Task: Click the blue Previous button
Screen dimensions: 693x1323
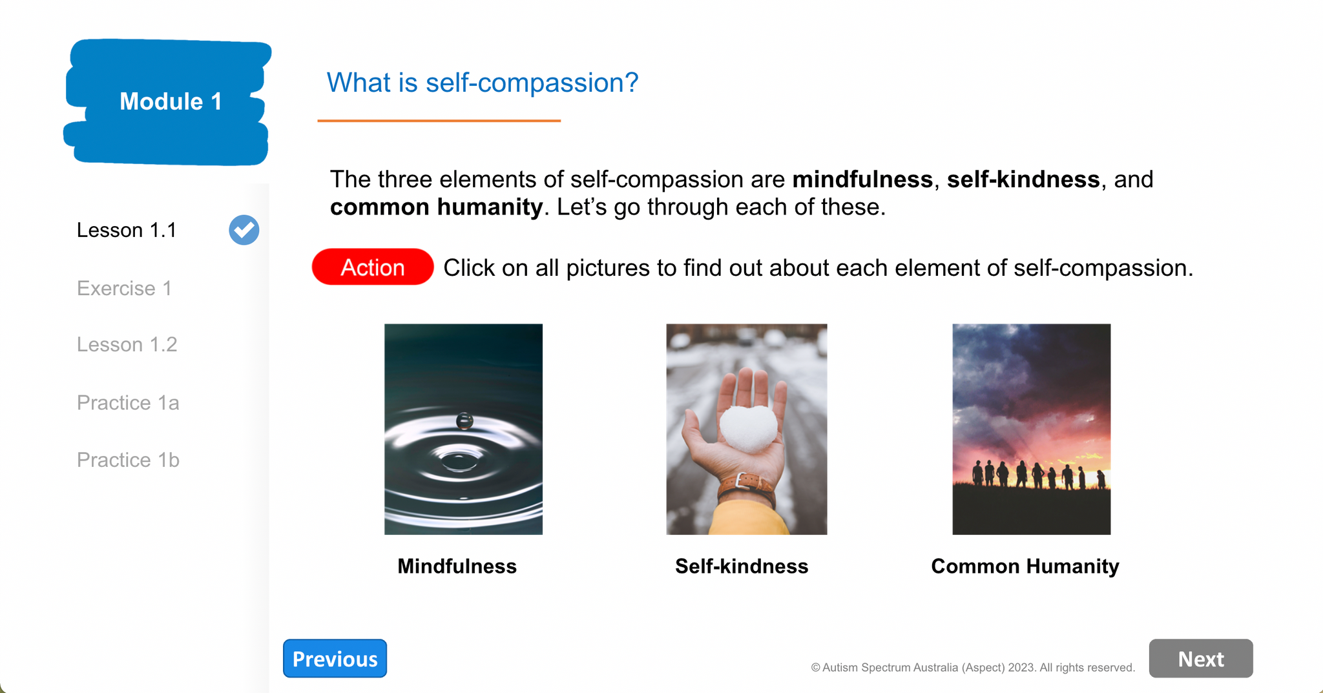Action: [x=335, y=658]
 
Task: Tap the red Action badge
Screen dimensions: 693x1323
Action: [x=373, y=267]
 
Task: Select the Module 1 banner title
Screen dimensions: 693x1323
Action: [x=171, y=101]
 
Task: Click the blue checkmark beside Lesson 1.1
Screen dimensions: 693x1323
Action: [x=244, y=230]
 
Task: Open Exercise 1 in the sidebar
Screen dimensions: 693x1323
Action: [x=125, y=288]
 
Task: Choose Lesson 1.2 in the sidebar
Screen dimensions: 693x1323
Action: [x=127, y=344]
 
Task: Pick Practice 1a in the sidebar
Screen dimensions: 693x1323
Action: [x=128, y=402]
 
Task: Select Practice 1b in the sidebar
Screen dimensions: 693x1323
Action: [x=128, y=460]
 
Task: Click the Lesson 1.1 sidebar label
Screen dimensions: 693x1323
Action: [x=127, y=230]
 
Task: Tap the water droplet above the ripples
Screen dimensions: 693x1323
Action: [x=464, y=421]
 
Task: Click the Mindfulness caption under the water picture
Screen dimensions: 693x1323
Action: [x=457, y=566]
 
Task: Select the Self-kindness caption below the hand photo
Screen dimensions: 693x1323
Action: [x=742, y=566]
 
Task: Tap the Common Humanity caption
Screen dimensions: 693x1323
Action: [x=1025, y=566]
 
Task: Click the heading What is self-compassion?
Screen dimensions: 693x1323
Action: [x=482, y=83]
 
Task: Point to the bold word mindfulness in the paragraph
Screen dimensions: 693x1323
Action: [x=862, y=180]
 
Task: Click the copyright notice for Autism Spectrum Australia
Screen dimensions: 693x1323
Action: [x=973, y=667]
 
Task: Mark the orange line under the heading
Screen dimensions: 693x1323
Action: [x=439, y=121]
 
